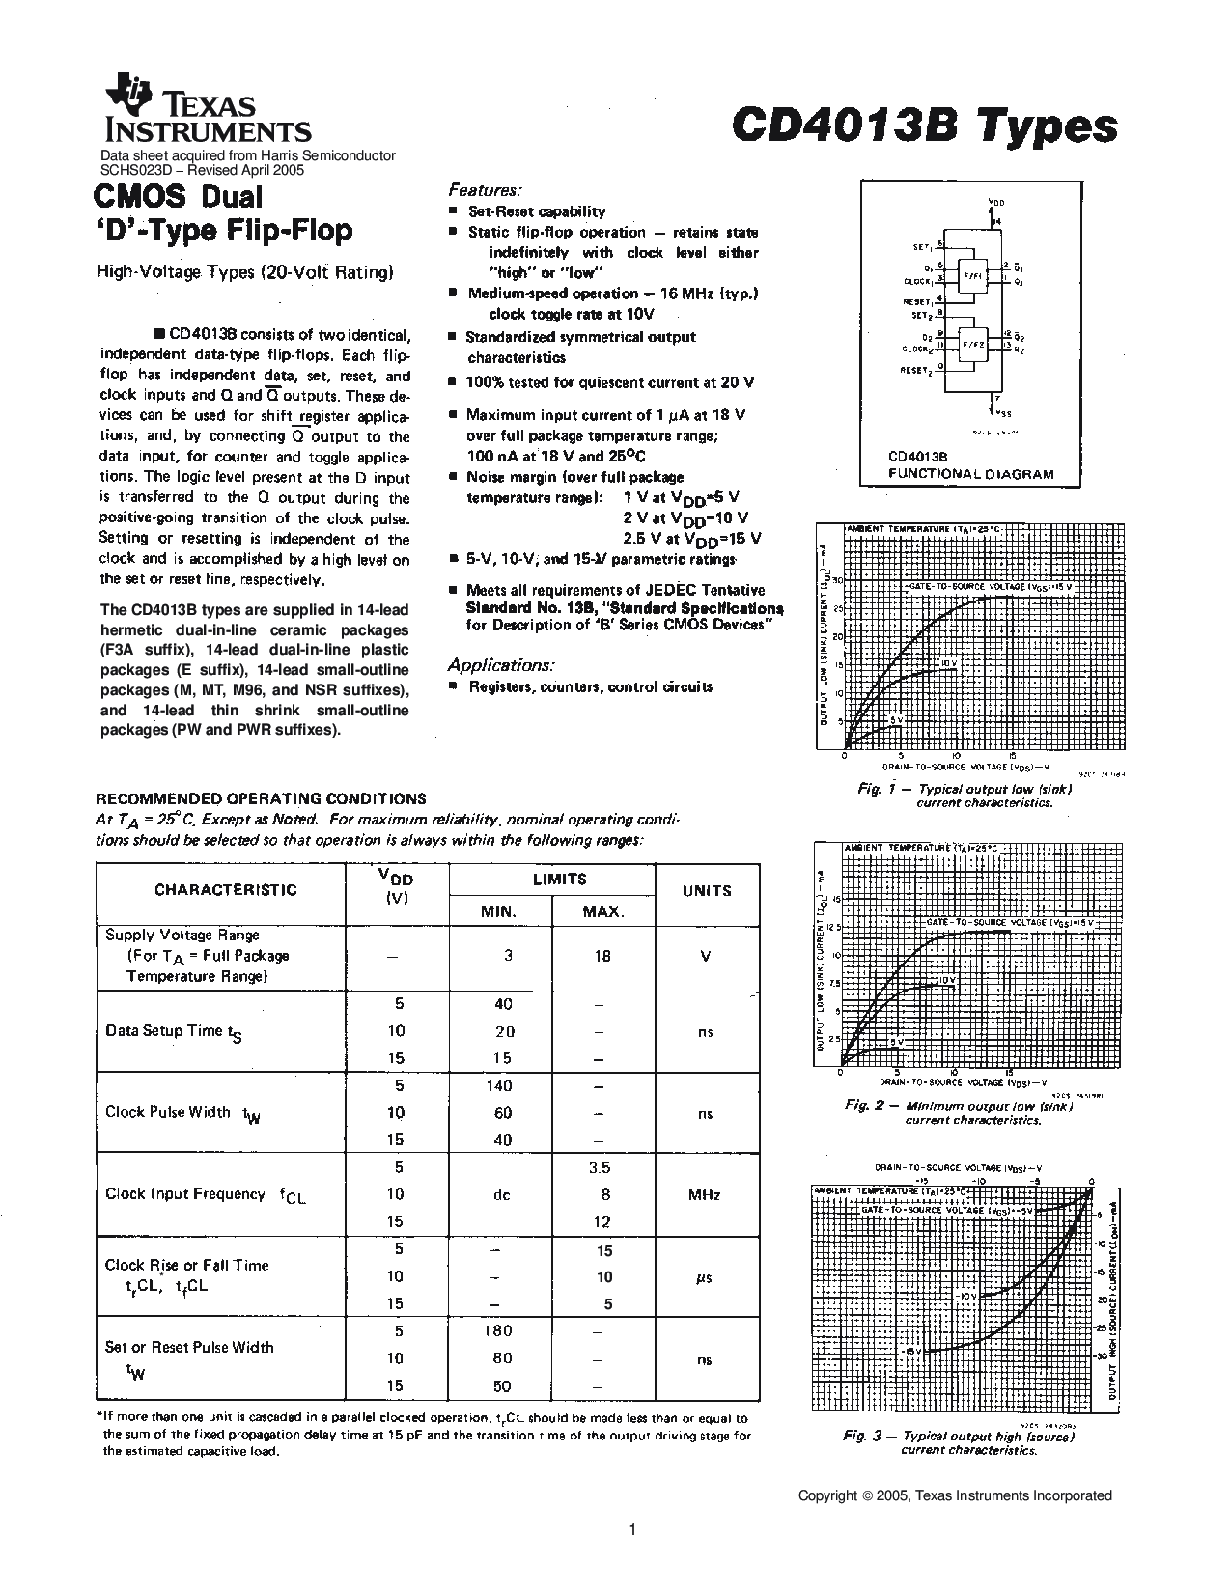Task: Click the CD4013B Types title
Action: pos(924,126)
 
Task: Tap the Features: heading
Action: pos(485,189)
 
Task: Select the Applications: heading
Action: pos(500,665)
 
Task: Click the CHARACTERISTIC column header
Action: pos(226,890)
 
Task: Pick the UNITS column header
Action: pos(707,891)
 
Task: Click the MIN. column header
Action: pos(500,911)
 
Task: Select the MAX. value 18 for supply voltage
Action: pos(603,956)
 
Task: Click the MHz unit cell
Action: pos(705,1195)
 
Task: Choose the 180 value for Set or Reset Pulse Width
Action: pos(497,1331)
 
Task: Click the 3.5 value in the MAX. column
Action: pos(600,1167)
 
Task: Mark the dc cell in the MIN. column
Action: pos(502,1195)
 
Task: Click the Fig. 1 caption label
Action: pos(871,789)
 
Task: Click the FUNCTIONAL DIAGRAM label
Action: pos(970,474)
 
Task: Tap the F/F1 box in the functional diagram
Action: pos(970,275)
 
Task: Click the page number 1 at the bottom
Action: pos(631,1529)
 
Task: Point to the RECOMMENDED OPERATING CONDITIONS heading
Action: pos(260,798)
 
